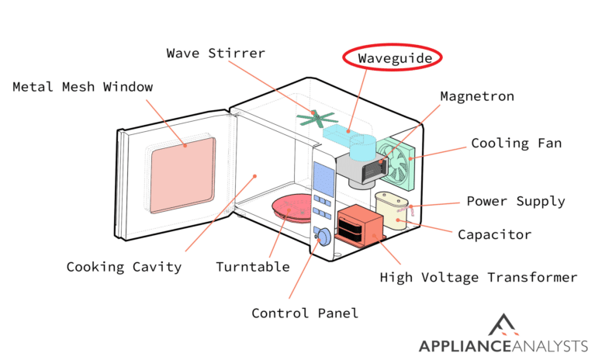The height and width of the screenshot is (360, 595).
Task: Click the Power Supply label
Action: [515, 202]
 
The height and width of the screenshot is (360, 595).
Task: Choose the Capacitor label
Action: [494, 234]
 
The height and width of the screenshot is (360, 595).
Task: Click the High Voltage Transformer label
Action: [478, 277]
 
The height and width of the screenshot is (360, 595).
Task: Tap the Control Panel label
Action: [305, 313]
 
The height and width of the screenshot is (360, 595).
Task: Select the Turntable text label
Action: [252, 267]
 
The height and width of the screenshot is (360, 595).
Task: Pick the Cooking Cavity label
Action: [123, 267]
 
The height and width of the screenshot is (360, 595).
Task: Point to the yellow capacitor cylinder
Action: [393, 210]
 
